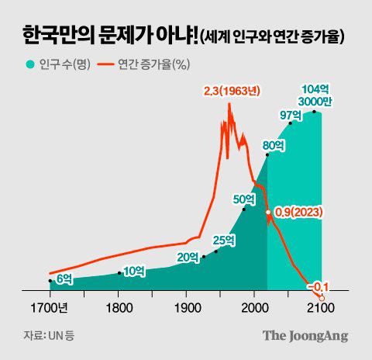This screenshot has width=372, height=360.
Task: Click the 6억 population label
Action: pos(64,277)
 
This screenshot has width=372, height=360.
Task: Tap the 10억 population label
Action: pos(134,270)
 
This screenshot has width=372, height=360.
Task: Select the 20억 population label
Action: pos(188,257)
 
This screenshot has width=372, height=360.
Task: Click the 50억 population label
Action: pos(244,199)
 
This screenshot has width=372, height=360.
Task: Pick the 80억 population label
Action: pos(274,145)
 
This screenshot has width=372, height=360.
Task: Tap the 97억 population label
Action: pos(291,115)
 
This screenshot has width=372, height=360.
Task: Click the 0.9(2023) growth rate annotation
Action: pos(298,212)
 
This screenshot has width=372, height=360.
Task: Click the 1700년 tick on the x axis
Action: pos(53,308)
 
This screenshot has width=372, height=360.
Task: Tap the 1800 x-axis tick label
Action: pos(119,308)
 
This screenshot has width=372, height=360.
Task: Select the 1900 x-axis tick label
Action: pos(186,308)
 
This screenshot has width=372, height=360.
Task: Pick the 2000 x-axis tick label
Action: pos(253,308)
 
